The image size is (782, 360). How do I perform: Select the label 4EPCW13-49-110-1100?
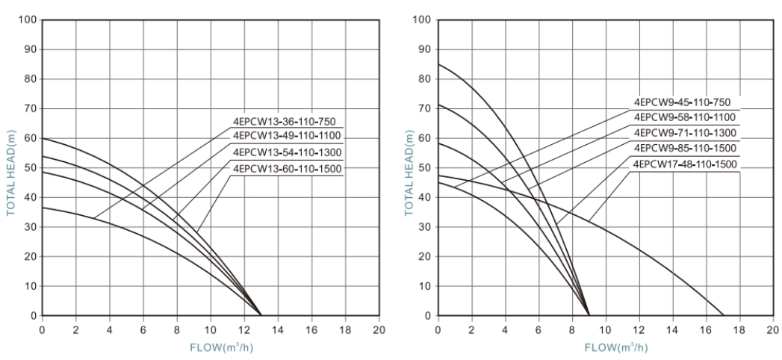tap(287, 135)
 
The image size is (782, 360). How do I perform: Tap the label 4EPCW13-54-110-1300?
tap(287, 152)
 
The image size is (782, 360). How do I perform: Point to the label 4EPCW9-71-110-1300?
tap(684, 132)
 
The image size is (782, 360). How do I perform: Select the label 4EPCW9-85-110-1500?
tap(684, 148)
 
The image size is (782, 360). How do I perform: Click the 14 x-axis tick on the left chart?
tap(278, 329)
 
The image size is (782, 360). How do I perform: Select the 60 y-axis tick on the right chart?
tap(424, 138)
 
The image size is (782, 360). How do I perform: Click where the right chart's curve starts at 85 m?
tap(438, 63)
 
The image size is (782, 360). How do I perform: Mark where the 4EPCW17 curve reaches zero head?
tap(724, 315)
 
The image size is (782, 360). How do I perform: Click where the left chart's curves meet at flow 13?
tap(261, 315)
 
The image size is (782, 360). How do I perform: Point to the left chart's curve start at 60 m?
tap(42, 138)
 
